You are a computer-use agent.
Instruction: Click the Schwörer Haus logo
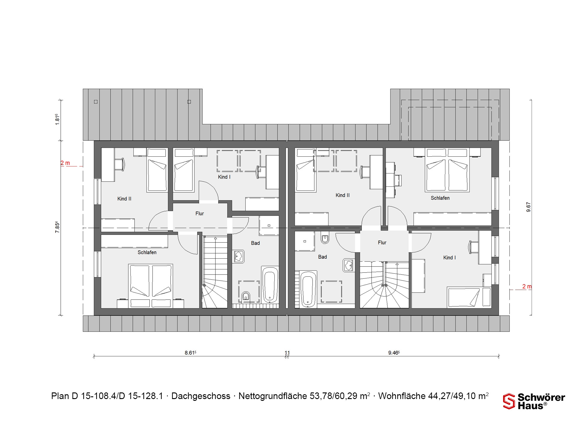point(534,401)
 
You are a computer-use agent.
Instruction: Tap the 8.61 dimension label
point(191,353)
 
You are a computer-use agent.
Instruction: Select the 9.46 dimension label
point(394,353)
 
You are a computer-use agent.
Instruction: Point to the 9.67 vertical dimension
point(528,207)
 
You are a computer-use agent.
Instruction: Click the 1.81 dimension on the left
point(57,119)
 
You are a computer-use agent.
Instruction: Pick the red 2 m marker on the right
point(527,286)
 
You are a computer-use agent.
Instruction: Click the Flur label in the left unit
point(200,214)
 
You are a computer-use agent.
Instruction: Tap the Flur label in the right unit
point(382,243)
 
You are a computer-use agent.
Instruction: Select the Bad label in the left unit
point(255,243)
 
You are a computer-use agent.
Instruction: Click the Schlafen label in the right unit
point(440,198)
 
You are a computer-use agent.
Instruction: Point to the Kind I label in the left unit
point(224,177)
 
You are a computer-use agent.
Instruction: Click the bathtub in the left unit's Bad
point(270,284)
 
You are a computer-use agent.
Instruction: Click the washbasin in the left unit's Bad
point(239,257)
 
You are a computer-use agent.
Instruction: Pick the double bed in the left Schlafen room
point(151,286)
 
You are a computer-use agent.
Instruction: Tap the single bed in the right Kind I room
point(469,297)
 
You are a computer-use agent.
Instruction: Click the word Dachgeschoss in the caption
point(201,396)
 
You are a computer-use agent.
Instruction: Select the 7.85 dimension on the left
point(57,227)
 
